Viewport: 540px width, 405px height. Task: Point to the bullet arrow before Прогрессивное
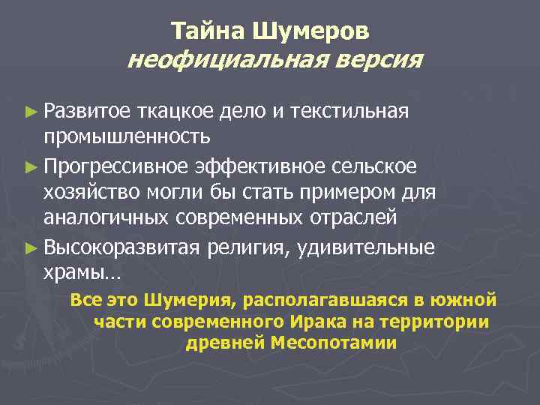click(30, 165)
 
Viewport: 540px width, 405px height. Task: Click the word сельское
click(375, 165)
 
